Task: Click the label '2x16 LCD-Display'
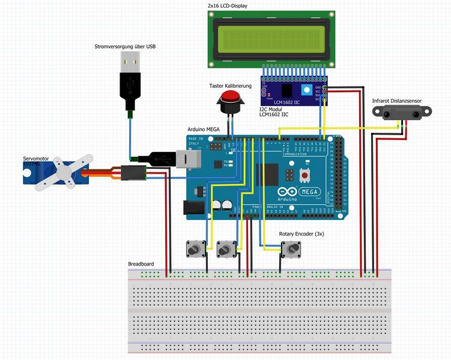point(227,5)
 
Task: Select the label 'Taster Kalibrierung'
point(230,86)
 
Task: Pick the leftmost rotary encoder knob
point(193,248)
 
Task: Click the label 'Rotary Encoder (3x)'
point(301,234)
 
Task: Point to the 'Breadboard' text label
point(141,264)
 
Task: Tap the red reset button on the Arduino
point(305,175)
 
